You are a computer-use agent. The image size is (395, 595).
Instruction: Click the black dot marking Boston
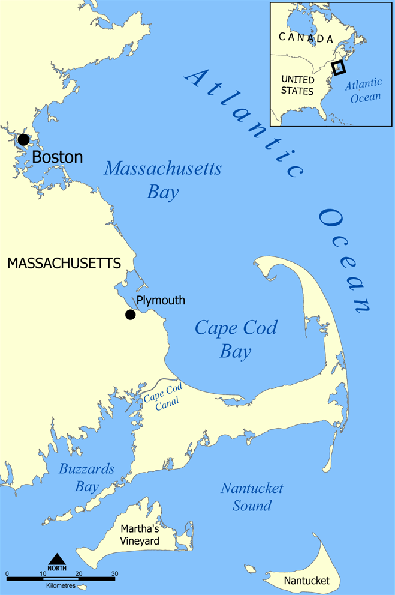[x=23, y=140]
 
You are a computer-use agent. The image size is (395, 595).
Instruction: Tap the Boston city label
[x=57, y=157]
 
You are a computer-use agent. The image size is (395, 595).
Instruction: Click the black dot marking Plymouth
[x=130, y=315]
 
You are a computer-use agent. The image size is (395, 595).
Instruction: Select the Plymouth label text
[x=161, y=301]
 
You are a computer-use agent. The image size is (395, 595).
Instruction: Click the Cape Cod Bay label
[x=236, y=339]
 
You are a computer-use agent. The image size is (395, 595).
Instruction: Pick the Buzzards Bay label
[x=86, y=477]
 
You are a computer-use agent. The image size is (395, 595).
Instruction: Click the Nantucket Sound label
[x=252, y=497]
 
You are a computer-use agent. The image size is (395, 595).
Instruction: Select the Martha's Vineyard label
[x=140, y=535]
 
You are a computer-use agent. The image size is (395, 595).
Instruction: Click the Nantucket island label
[x=307, y=581]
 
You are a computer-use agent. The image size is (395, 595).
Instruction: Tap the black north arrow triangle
[x=57, y=559]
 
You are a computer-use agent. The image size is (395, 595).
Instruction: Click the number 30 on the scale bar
[x=114, y=573]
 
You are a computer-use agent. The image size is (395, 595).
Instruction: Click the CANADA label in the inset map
[x=306, y=38]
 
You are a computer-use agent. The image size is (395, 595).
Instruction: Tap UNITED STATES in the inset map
[x=297, y=85]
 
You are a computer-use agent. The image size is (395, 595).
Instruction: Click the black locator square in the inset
[x=339, y=67]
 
